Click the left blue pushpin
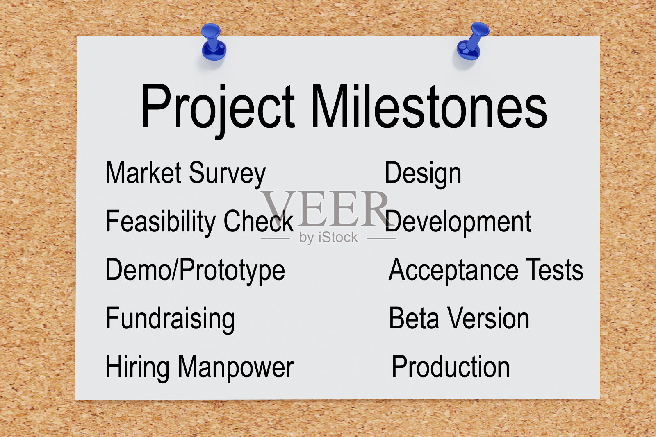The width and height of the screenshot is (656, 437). (x=214, y=42)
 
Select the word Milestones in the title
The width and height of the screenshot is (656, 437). (x=429, y=106)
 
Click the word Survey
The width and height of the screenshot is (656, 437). (x=227, y=174)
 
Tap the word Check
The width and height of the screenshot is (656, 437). (x=259, y=221)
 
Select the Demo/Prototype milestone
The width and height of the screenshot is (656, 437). (x=195, y=271)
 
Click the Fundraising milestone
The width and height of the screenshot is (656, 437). (x=170, y=320)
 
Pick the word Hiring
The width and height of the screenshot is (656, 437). (x=137, y=368)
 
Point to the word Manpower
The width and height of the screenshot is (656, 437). (x=236, y=368)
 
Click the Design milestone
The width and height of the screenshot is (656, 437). (x=423, y=174)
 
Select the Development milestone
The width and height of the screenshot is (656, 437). (x=458, y=222)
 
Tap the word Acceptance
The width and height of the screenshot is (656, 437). (x=453, y=271)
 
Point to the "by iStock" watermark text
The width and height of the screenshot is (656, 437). (x=328, y=238)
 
